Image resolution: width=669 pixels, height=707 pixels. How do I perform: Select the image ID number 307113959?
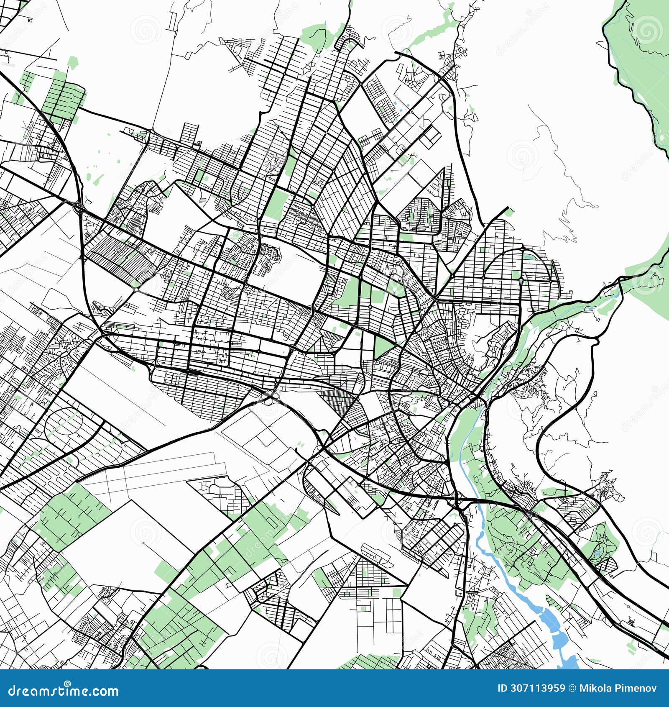537,688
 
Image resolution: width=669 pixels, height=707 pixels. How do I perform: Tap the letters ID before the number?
503,688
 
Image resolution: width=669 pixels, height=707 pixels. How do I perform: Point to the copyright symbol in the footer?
572,688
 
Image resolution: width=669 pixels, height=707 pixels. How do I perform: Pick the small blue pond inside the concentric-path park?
597,553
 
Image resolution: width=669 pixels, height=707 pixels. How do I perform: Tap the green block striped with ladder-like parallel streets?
63,98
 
